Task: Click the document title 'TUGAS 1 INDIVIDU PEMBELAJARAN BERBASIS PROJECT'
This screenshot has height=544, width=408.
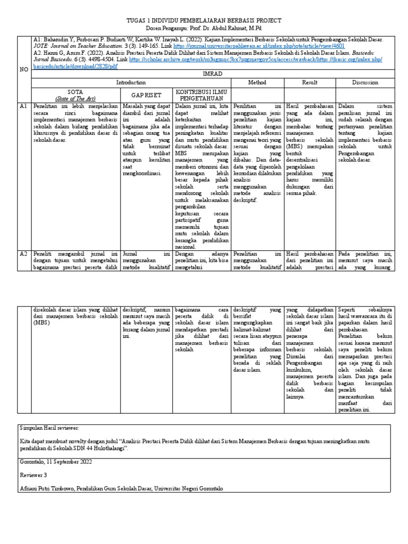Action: tap(204, 20)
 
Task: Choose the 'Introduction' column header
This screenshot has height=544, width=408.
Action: tap(131, 83)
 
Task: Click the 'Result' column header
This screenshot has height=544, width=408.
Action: tap(310, 83)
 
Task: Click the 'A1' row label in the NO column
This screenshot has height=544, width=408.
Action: tap(23, 106)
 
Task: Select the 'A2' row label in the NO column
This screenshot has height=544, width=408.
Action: tap(23, 253)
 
